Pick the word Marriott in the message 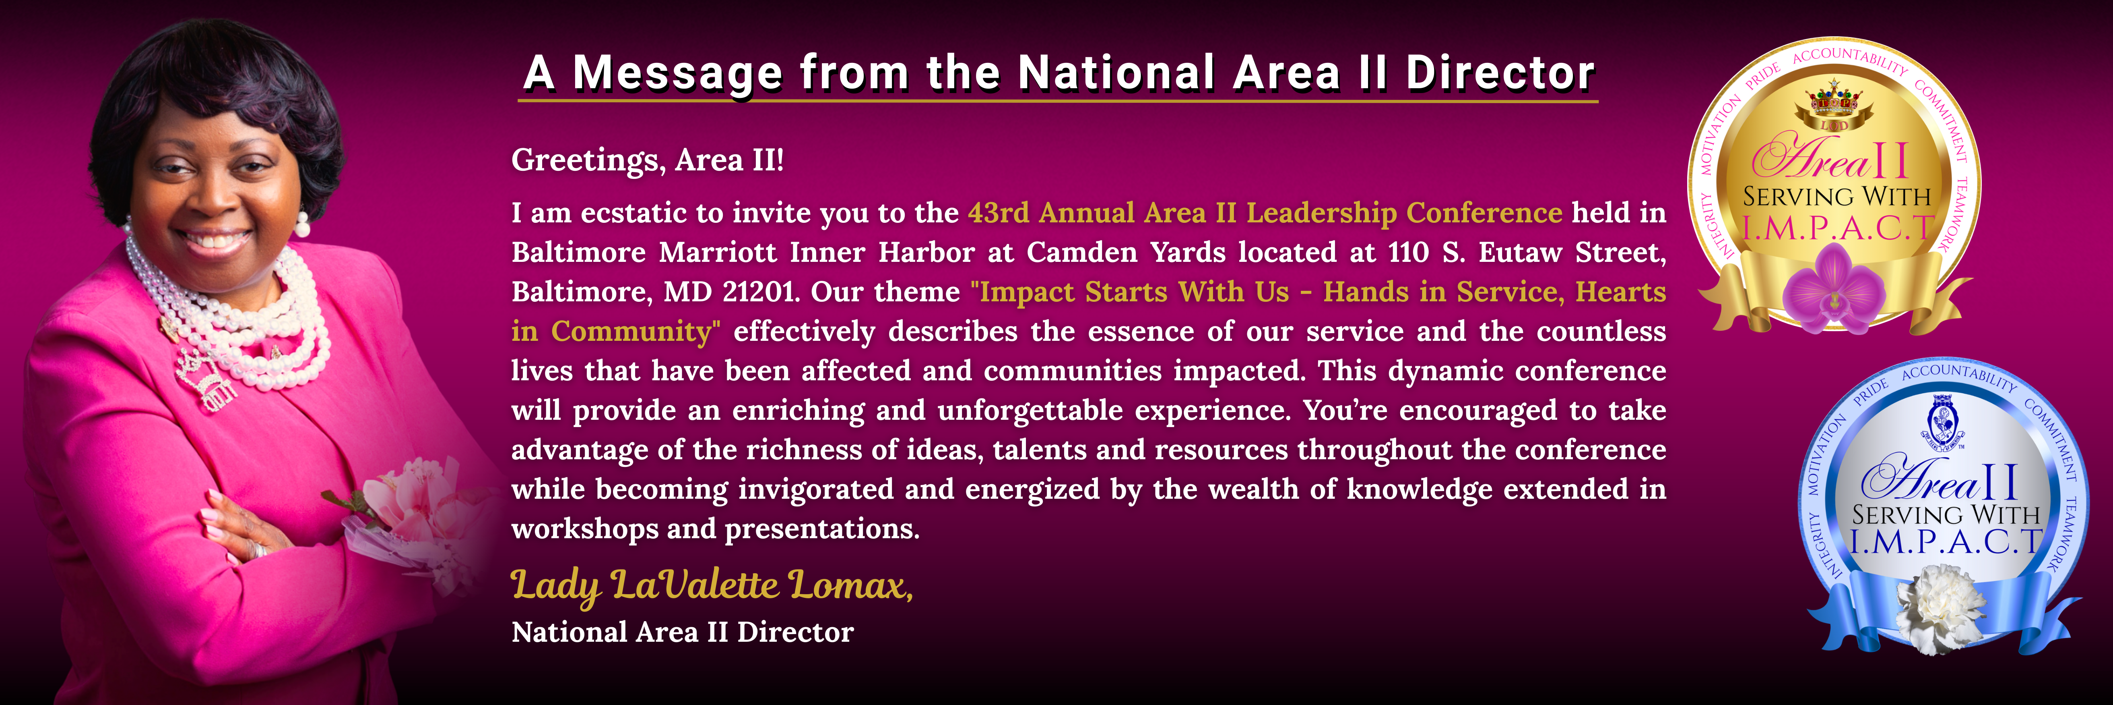[x=718, y=252]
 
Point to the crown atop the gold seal [x=1835, y=103]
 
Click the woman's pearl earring [x=302, y=223]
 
